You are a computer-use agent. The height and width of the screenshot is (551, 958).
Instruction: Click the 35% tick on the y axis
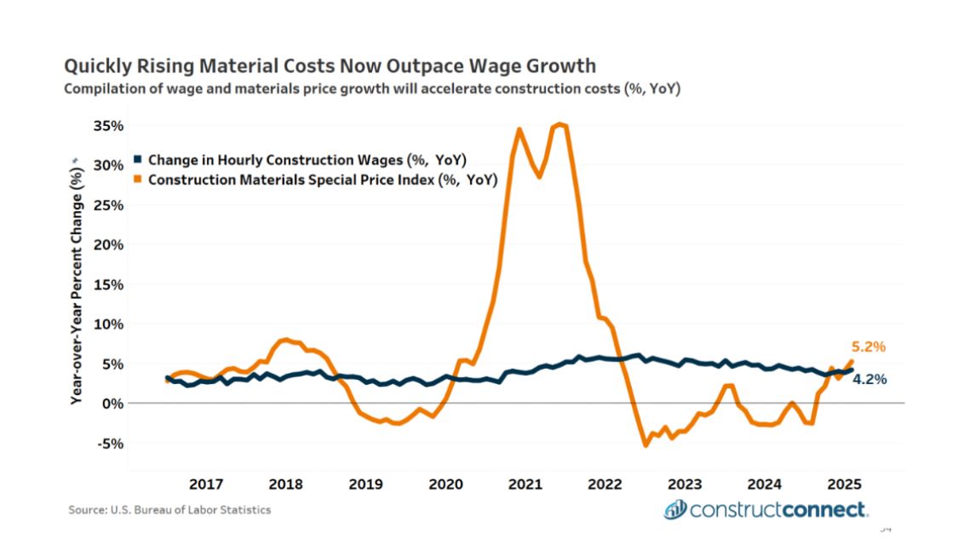(x=109, y=125)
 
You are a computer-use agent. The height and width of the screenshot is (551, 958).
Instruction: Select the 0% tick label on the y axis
(x=113, y=403)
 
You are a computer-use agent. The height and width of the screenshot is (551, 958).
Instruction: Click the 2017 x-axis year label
(x=206, y=484)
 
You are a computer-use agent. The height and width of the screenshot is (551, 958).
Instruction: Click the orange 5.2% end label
(x=869, y=347)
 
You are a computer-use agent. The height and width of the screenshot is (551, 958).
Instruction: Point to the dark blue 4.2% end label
(x=869, y=379)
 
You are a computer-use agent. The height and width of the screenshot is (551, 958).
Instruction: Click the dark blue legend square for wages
(x=139, y=159)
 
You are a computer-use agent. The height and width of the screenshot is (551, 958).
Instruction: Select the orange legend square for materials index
(x=139, y=179)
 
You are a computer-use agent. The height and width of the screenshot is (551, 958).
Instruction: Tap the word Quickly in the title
(x=96, y=66)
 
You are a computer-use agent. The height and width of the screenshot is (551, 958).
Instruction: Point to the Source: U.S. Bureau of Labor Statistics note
(x=169, y=509)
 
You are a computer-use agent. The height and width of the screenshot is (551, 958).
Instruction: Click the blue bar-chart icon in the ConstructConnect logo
(x=675, y=509)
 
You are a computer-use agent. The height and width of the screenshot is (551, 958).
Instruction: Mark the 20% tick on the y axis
(x=109, y=244)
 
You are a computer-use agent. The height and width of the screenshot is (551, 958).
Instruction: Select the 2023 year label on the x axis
(x=685, y=484)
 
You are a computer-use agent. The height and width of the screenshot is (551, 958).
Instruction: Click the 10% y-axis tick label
(x=109, y=324)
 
